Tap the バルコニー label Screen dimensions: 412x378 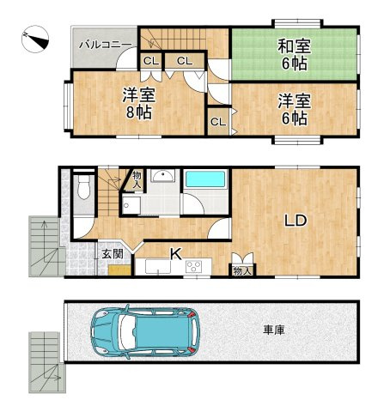click(105, 42)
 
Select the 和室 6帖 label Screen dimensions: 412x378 click(292, 54)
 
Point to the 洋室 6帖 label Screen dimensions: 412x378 click(293, 109)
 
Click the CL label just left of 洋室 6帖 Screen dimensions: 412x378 click(217, 122)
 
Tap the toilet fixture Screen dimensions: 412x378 click(83, 188)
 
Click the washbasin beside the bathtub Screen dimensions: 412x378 click(162, 177)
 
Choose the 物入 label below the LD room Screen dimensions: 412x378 click(242, 270)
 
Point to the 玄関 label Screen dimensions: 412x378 click(112, 254)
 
